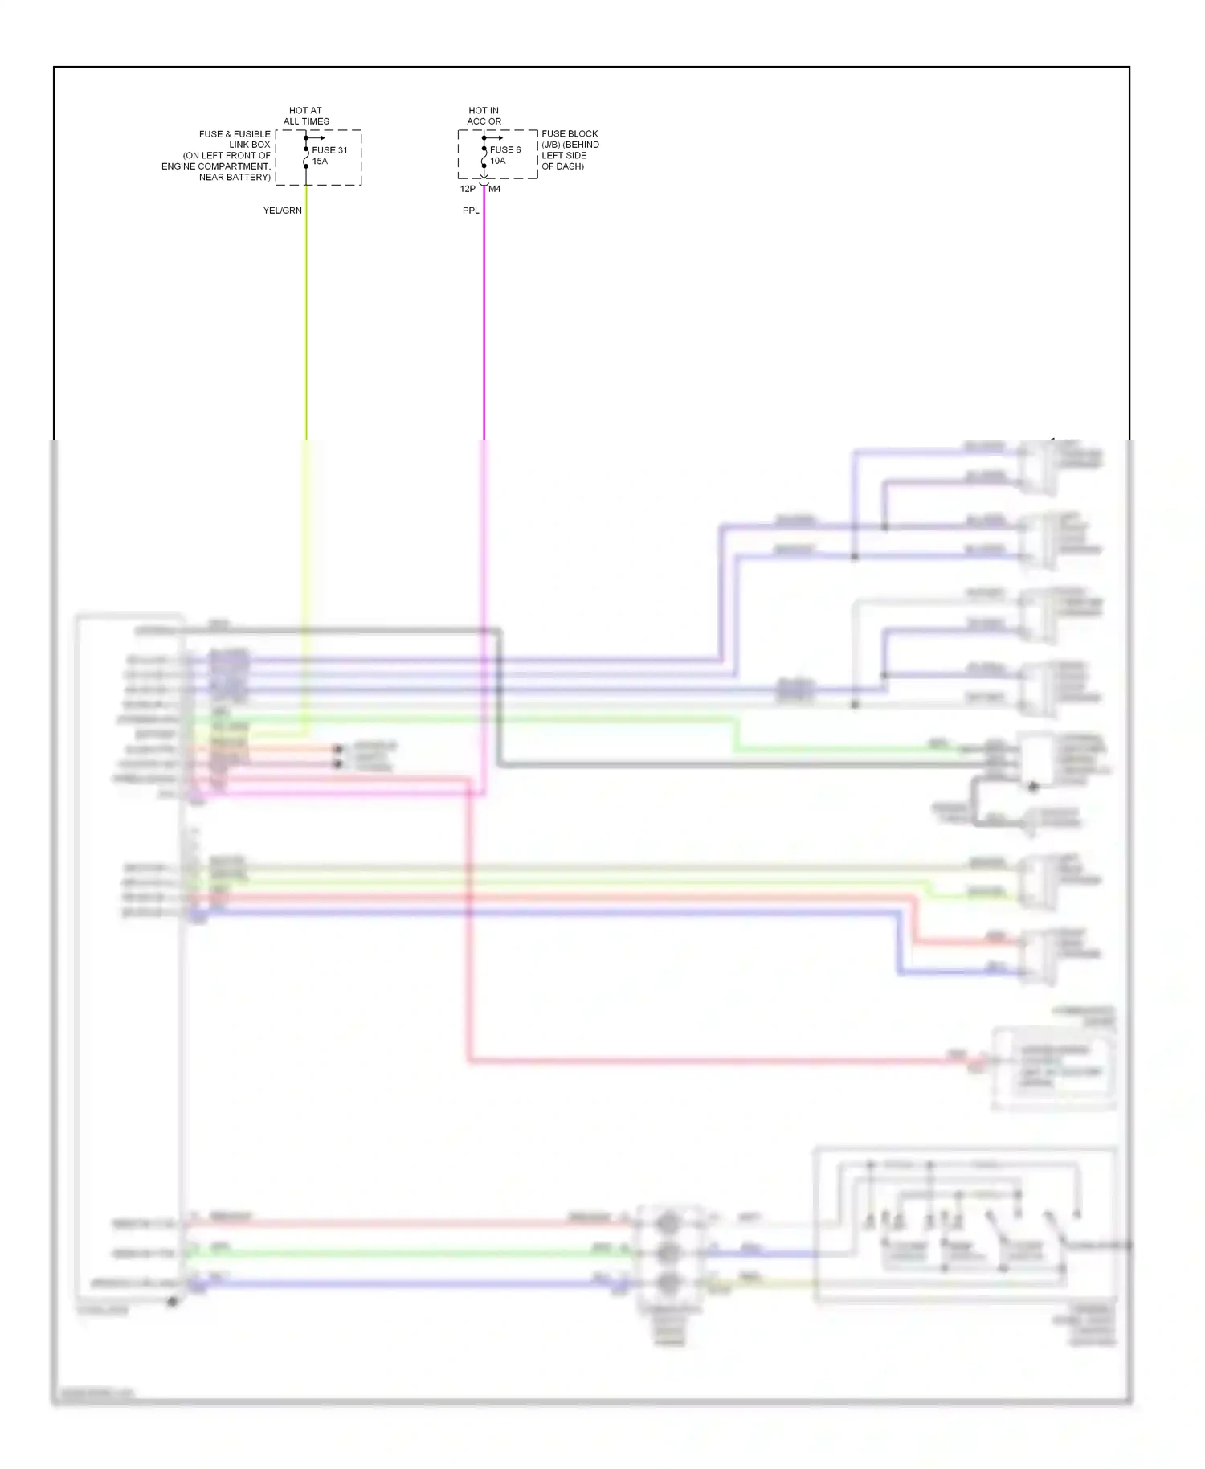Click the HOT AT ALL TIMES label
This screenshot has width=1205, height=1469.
tap(306, 116)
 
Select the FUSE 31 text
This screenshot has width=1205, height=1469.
tap(329, 150)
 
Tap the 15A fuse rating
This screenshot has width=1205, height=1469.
tap(320, 162)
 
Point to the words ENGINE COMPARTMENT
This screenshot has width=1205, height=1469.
tap(215, 166)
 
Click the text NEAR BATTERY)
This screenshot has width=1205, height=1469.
tap(235, 177)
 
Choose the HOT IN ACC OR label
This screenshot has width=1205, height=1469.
tap(484, 116)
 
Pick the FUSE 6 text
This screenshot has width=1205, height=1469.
tap(505, 150)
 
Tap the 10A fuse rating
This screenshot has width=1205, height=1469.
tap(498, 162)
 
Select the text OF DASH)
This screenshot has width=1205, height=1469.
tap(562, 166)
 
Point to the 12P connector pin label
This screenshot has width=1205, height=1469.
tap(467, 190)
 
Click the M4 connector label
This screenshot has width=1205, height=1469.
tap(495, 190)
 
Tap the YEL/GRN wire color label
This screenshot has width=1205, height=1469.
tap(283, 211)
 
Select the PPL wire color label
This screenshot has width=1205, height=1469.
tap(471, 211)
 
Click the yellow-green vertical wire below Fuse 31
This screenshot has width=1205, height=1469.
tap(306, 321)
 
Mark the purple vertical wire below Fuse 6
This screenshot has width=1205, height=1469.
tap(484, 321)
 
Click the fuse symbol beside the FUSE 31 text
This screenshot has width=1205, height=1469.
tap(306, 158)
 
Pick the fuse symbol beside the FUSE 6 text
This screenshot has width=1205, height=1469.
tap(484, 158)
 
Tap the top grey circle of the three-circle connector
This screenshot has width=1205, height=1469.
tap(668, 1223)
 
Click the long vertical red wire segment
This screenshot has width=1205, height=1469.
tap(468, 924)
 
